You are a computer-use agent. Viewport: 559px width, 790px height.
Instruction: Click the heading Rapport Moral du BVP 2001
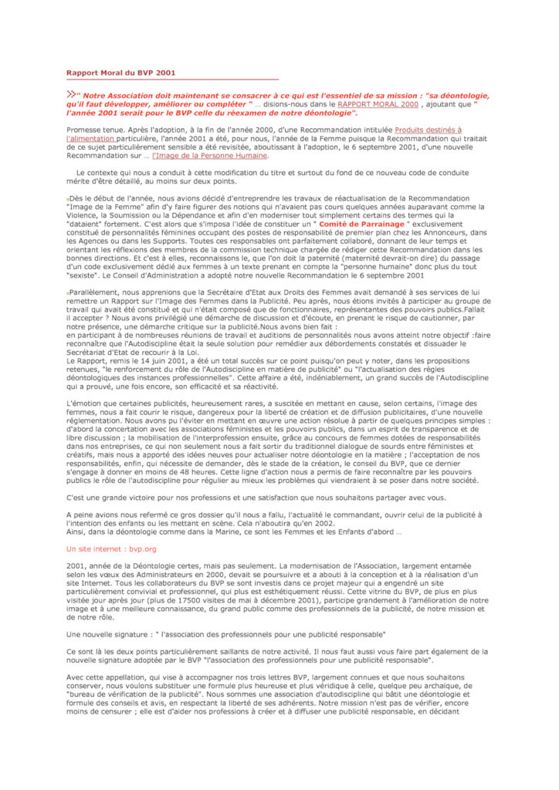(x=121, y=73)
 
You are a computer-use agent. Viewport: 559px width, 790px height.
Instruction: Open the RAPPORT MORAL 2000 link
(x=378, y=103)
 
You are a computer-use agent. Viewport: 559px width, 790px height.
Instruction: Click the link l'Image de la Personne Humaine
(x=210, y=155)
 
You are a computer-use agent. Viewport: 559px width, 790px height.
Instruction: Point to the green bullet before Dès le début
(x=68, y=199)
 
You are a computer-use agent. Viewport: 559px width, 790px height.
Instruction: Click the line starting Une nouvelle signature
(x=226, y=633)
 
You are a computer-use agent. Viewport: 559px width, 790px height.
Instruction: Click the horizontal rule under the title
(x=172, y=80)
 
